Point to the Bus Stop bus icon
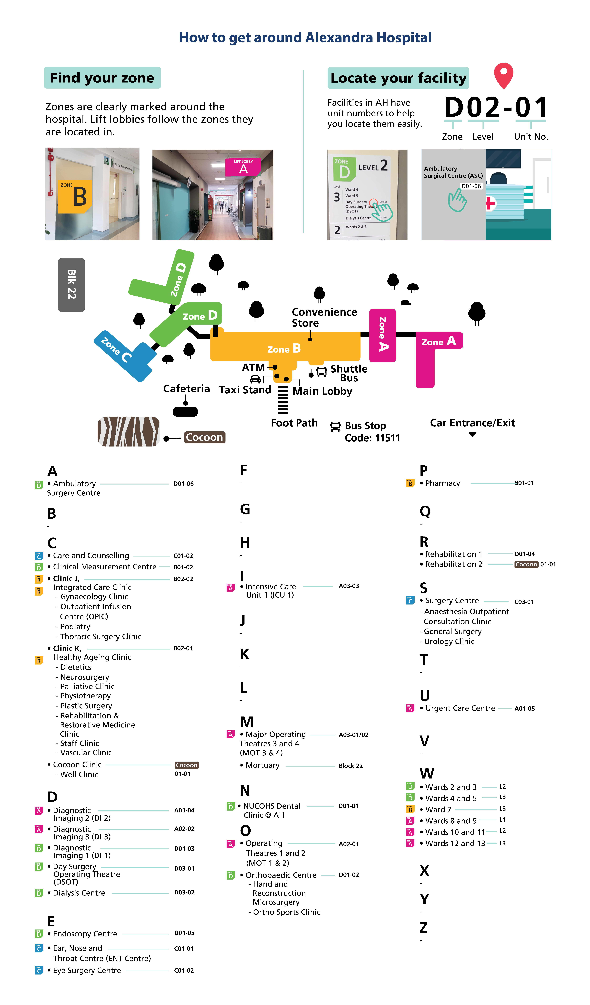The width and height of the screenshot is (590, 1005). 335,426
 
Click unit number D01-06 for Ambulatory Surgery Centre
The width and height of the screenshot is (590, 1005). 183,484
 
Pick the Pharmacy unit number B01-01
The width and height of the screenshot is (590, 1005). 524,483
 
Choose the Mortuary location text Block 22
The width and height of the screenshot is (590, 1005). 351,766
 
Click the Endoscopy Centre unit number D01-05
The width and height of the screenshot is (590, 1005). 184,933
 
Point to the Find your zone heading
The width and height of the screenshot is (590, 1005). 102,78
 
